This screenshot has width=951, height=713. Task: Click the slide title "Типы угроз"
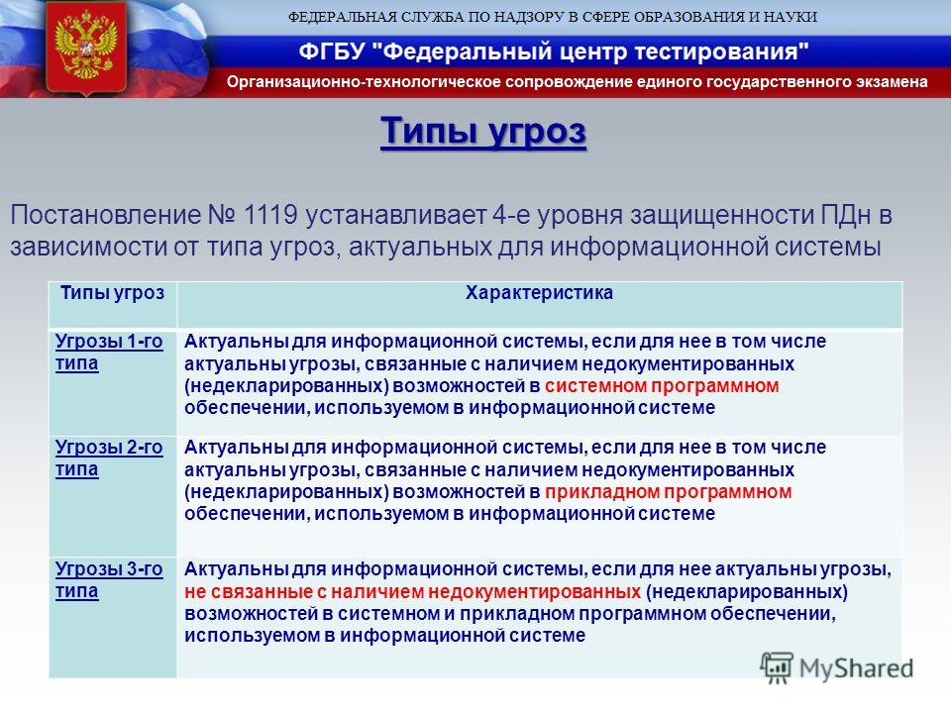click(483, 131)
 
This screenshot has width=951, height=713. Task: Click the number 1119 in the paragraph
click(269, 215)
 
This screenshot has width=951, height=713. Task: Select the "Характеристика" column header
click(539, 293)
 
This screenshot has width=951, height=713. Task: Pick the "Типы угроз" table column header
click(112, 293)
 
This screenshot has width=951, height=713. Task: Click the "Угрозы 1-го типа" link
click(109, 352)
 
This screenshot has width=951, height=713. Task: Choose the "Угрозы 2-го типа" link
click(109, 458)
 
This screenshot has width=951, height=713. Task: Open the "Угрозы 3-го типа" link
click(109, 579)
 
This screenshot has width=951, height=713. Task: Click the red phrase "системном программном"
click(662, 385)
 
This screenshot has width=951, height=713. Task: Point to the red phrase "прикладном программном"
click(669, 492)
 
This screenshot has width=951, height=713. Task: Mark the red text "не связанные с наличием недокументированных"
click(412, 591)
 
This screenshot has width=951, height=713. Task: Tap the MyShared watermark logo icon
click(777, 667)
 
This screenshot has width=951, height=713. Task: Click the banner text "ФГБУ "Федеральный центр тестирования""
click(554, 51)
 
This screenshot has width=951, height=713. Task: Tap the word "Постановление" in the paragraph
click(106, 215)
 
